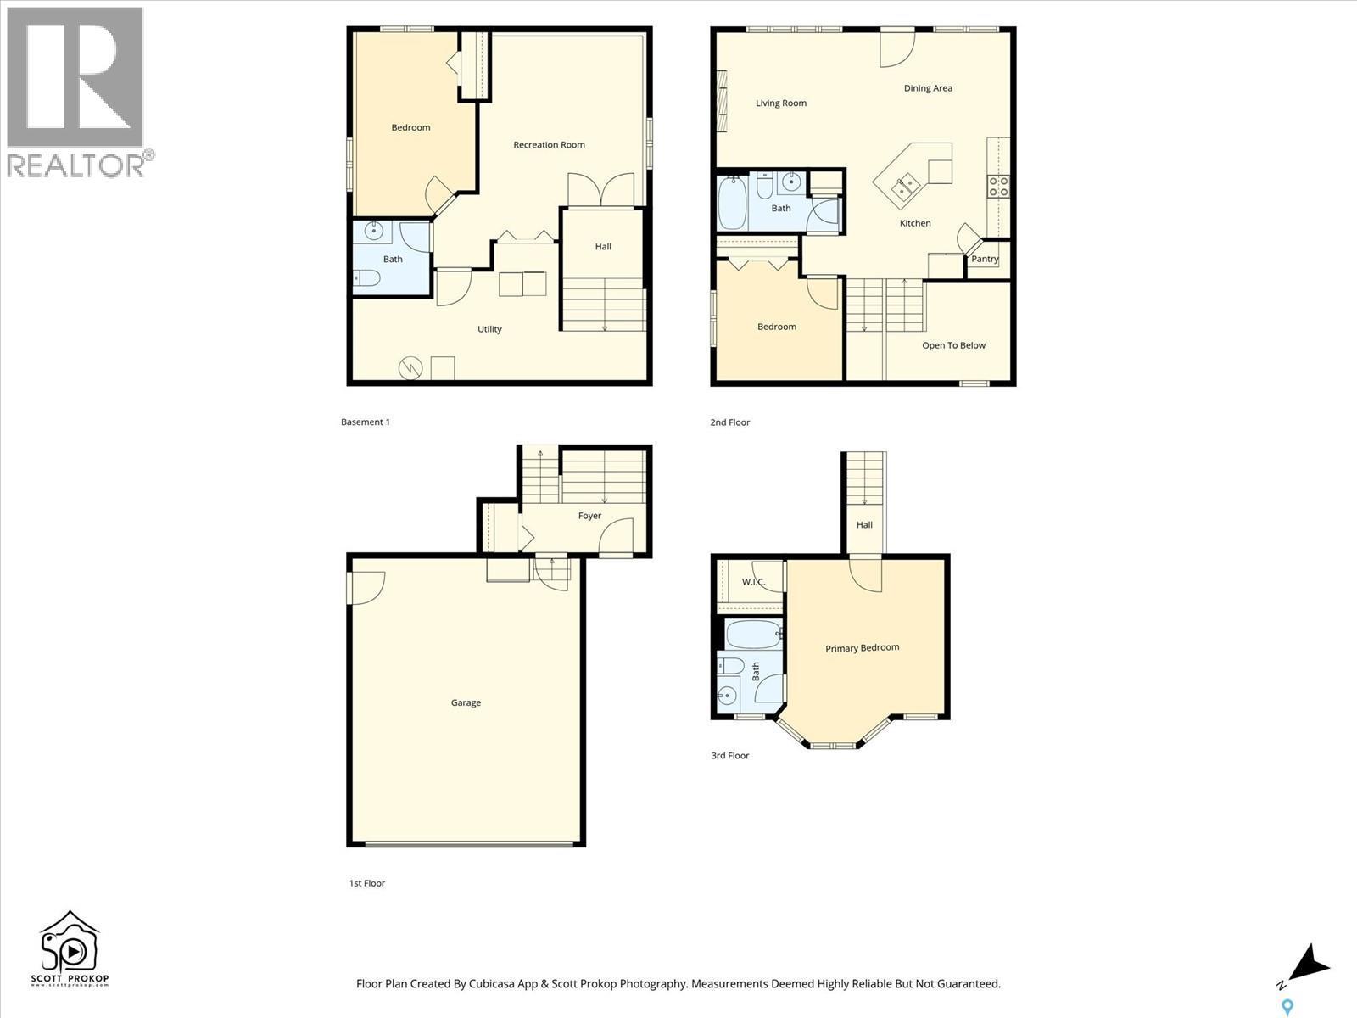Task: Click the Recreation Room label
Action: coord(549,145)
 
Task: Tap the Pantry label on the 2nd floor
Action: coord(985,260)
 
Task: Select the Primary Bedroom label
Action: coord(862,648)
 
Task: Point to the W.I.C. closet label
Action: coord(753,582)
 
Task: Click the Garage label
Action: coord(466,703)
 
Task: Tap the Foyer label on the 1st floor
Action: coord(589,516)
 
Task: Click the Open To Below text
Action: coord(953,345)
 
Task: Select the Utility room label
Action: coord(489,329)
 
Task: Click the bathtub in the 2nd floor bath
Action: coord(732,203)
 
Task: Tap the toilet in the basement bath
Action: coord(367,277)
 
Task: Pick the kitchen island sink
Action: coord(907,184)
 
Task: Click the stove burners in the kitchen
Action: coord(998,187)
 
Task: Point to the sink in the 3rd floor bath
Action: coord(726,696)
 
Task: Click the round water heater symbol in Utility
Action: coord(410,368)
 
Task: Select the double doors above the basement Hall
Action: coord(600,190)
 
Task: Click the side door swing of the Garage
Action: coord(366,587)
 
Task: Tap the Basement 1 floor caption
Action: coord(366,422)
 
